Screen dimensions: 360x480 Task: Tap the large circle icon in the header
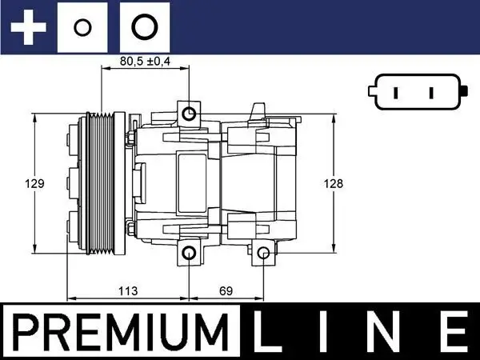(144, 27)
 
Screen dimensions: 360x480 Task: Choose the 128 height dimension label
(334, 183)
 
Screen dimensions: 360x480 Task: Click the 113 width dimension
(128, 291)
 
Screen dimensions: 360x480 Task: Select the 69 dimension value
(226, 291)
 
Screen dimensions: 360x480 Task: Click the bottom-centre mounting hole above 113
(189, 254)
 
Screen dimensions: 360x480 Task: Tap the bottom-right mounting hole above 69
(264, 254)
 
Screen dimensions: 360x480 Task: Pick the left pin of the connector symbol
(398, 93)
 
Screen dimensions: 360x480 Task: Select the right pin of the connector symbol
(431, 93)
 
